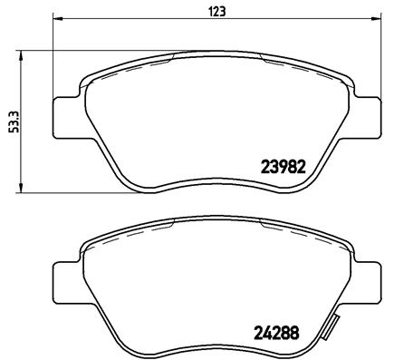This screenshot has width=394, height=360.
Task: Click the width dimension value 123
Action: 217,11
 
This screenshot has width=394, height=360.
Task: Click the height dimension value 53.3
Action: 13,122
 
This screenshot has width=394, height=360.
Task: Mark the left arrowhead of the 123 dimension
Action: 56,21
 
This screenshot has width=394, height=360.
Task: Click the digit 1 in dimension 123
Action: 210,11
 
